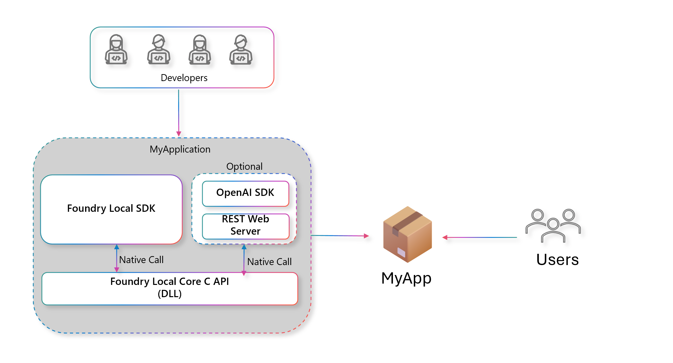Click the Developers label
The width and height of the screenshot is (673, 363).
click(184, 78)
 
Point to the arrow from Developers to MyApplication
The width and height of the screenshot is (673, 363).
click(179, 113)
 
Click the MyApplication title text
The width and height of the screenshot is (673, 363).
click(180, 149)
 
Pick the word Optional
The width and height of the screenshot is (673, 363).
click(244, 166)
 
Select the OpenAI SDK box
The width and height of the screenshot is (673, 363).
click(245, 193)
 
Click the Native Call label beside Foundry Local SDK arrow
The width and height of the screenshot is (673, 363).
click(141, 260)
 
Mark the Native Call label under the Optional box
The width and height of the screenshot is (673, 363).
click(269, 262)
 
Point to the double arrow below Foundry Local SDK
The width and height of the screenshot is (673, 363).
click(117, 258)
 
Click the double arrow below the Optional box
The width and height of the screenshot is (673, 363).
click(244, 260)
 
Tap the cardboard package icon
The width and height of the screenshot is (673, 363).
click(408, 234)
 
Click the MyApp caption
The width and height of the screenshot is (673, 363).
click(406, 278)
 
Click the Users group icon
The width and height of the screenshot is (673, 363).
click(553, 225)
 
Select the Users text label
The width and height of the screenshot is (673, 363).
click(557, 260)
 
